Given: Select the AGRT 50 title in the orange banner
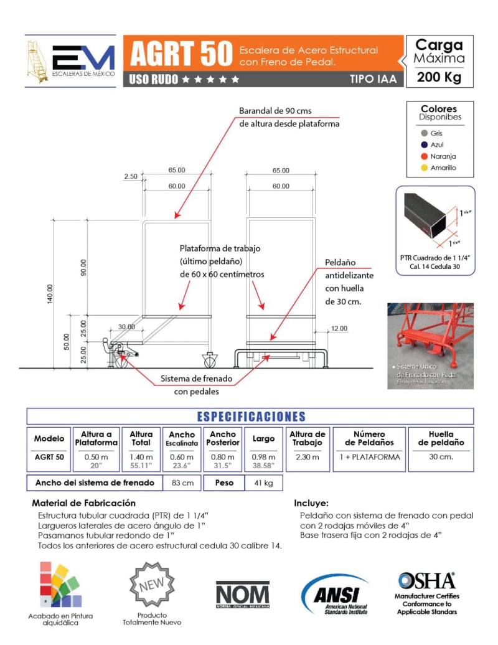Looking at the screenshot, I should (x=172, y=55).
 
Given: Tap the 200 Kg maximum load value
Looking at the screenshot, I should (x=439, y=78).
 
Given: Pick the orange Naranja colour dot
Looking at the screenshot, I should (x=424, y=156).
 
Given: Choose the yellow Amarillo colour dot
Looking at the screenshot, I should (x=424, y=167).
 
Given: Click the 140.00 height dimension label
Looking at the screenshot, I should (x=50, y=294).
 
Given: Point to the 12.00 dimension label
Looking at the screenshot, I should (x=339, y=328).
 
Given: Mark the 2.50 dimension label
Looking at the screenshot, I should (x=131, y=177).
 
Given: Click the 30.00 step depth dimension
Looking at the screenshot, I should (x=127, y=327).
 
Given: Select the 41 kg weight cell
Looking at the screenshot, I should (x=263, y=483).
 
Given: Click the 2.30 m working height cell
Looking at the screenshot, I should (x=308, y=457).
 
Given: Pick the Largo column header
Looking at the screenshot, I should (x=263, y=439).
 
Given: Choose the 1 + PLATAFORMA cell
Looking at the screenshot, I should (x=369, y=457).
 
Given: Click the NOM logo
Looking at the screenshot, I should (x=243, y=594).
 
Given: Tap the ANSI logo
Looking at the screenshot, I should (x=336, y=595).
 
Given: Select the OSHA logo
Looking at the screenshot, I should (x=426, y=581).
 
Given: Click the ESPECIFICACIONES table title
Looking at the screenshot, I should (x=251, y=417).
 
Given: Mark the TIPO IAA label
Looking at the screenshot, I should (x=372, y=79).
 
